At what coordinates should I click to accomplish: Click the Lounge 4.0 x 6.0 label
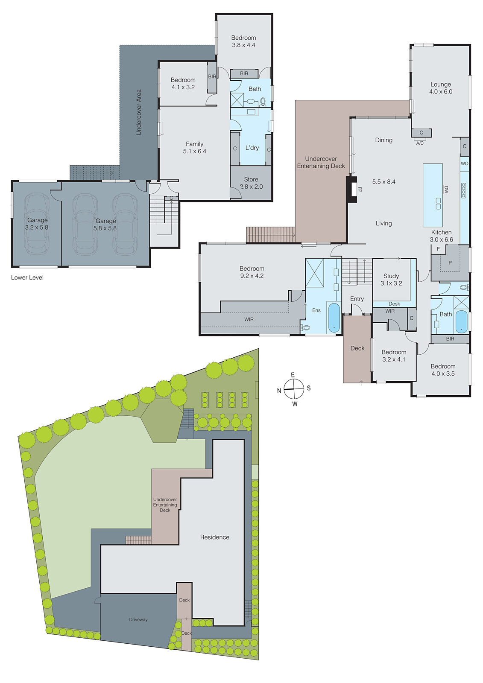(441, 88)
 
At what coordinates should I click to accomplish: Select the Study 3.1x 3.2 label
(391, 280)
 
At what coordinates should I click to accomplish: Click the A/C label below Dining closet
(420, 143)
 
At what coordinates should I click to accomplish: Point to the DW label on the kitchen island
(446, 189)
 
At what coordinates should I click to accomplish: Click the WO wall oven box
(464, 163)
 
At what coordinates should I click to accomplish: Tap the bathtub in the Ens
(334, 318)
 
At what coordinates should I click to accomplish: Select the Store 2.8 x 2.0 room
(251, 183)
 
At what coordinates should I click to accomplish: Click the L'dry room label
(252, 148)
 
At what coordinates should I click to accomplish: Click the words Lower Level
(27, 277)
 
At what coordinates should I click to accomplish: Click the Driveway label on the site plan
(138, 619)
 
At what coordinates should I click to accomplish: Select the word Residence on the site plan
(215, 537)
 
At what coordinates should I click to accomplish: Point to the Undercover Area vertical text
(138, 112)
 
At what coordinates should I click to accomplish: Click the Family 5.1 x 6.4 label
(195, 148)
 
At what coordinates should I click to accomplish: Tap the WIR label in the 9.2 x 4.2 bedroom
(249, 319)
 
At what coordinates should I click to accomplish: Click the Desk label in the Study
(394, 304)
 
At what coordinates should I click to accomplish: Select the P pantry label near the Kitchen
(450, 263)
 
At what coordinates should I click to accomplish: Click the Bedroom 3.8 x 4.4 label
(243, 41)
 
